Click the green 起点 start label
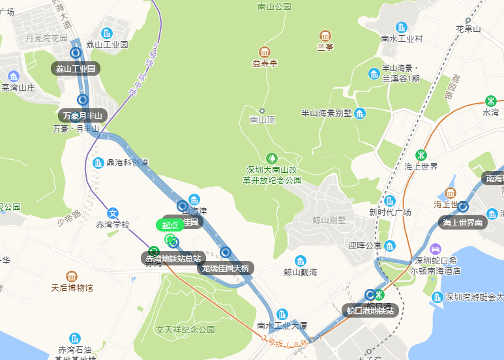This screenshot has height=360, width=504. coord(170,225)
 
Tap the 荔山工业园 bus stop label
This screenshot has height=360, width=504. coord(76,68)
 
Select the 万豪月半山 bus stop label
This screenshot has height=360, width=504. coord(83,116)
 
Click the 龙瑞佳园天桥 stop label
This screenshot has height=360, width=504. coord(226,267)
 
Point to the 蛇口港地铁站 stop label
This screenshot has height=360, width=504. coord(371,310)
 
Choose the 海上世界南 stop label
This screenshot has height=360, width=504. coord(462,223)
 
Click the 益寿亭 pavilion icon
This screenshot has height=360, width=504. coord(265,52)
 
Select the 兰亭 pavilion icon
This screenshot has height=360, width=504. coord(325,35)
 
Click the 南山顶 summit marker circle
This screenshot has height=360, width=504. coord(262,111)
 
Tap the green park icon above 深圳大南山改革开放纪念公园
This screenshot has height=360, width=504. coord(272,158)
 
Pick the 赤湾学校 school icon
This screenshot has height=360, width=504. coord(113,213)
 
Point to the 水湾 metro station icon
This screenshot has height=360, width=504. coord(490,101)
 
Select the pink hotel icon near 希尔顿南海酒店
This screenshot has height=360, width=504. coord(436,249)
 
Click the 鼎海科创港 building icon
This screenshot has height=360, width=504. coord(98,162)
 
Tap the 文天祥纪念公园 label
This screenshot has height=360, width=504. coord(185,330)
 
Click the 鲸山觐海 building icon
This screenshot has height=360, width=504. coord(301,260)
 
